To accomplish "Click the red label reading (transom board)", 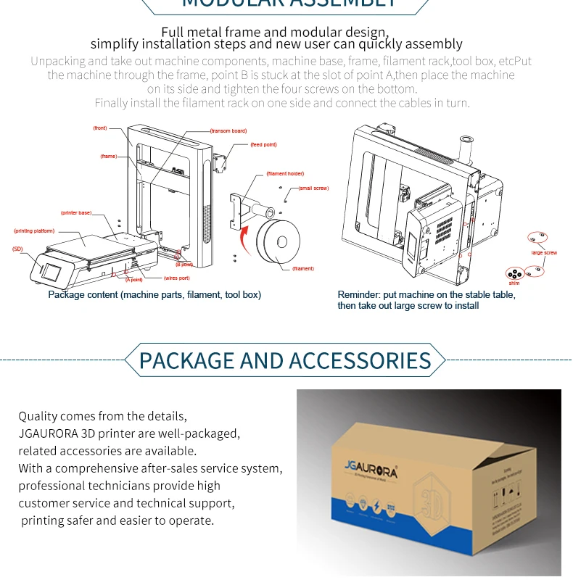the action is [x=228, y=131].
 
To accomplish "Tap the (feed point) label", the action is [x=263, y=145].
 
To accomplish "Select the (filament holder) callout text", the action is [x=285, y=174].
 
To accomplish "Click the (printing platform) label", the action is [x=34, y=231].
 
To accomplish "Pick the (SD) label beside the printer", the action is [x=17, y=249].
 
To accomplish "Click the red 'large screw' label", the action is [x=544, y=253].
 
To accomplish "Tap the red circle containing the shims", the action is [x=515, y=274].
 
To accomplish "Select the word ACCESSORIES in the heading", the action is [x=360, y=360].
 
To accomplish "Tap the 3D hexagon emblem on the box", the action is [x=426, y=501].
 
